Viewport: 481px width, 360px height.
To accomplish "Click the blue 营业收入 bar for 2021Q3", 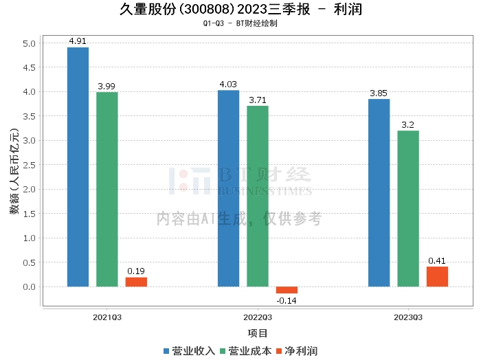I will [x=78, y=166].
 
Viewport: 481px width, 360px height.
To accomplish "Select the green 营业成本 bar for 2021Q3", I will [x=107, y=189].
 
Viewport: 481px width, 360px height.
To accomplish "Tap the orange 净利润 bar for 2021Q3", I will [x=136, y=282].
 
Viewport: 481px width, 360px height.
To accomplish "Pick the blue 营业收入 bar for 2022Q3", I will [x=228, y=188].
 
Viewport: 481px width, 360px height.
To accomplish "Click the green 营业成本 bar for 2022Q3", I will [x=258, y=196].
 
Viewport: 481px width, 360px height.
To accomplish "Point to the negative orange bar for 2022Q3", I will [x=287, y=290].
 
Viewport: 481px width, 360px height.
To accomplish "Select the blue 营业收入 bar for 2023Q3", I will [x=379, y=192].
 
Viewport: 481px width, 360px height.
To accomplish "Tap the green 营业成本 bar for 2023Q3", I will [x=408, y=208].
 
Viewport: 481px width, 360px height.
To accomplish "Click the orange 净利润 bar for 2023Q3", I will [x=437, y=276].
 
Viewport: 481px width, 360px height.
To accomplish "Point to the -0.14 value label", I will [x=287, y=300].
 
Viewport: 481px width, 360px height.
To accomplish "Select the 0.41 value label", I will [x=437, y=261].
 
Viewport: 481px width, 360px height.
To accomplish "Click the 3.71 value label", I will [x=258, y=100].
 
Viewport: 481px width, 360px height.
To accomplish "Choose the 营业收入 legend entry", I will [x=190, y=350].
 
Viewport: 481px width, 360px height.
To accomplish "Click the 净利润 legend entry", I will [x=297, y=350].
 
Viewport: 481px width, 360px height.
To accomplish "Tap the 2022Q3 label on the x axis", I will [x=258, y=317].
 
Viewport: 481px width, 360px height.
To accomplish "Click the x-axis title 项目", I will [x=258, y=333].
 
